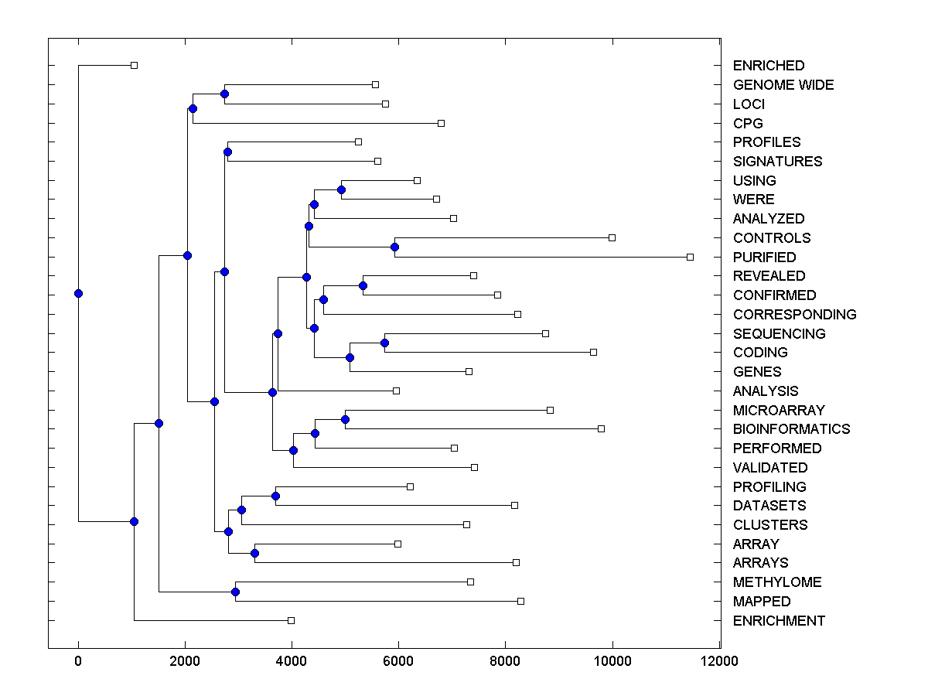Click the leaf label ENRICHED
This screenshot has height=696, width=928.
768,66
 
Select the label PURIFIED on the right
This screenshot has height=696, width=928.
764,257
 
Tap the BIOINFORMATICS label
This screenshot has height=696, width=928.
791,429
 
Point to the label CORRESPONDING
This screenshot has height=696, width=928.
794,315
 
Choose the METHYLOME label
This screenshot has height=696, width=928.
777,582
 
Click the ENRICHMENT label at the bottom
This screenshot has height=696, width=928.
779,621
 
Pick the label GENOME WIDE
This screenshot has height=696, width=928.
783,85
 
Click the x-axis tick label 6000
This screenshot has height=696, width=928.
398,661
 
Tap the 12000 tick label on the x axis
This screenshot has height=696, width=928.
719,661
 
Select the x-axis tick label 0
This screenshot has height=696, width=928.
78,661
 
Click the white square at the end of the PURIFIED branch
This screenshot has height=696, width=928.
691,257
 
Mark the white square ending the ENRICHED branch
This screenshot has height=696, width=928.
134,66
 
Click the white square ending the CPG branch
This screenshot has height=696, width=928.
441,123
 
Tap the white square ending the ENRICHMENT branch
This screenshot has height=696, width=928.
291,620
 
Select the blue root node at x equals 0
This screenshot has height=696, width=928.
78,293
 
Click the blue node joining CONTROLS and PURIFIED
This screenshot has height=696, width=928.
394,247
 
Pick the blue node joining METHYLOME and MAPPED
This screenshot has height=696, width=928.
235,592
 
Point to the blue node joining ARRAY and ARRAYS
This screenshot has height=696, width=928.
254,553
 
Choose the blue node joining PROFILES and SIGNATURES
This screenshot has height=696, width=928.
227,152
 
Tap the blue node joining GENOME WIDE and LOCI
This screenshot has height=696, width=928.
224,94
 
